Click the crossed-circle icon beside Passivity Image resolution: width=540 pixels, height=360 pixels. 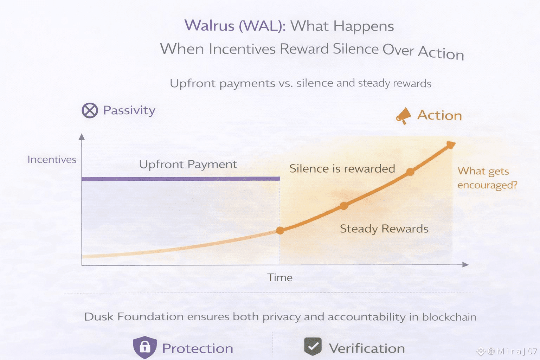tap(90, 110)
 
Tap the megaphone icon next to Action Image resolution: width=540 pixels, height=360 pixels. tap(403, 116)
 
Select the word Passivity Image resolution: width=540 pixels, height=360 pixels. tap(129, 111)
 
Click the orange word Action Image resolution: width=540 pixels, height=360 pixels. tap(439, 115)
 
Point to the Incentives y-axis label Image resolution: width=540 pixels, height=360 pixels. tap(52, 160)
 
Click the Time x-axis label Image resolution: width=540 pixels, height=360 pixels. tap(280, 277)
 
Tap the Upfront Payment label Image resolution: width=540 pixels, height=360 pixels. tap(188, 165)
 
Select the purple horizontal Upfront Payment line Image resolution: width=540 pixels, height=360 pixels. tap(181, 179)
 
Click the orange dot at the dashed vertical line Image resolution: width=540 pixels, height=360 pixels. tap(280, 231)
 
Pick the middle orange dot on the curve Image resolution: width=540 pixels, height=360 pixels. tap(344, 206)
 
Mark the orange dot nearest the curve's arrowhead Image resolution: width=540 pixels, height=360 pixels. tap(410, 172)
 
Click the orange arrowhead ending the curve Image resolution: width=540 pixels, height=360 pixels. tap(451, 145)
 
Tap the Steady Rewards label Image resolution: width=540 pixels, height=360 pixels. tap(384, 229)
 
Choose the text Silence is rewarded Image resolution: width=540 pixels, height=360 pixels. tap(342, 168)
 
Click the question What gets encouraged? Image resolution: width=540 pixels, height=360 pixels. tap(487, 178)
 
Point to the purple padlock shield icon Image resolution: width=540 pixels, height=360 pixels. tap(145, 347)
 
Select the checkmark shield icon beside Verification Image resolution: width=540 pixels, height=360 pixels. tap(313, 346)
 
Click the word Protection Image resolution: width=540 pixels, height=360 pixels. tap(198, 348)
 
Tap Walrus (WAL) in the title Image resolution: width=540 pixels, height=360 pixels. tap(235, 25)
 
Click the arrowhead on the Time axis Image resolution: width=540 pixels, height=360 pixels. tap(465, 265)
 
